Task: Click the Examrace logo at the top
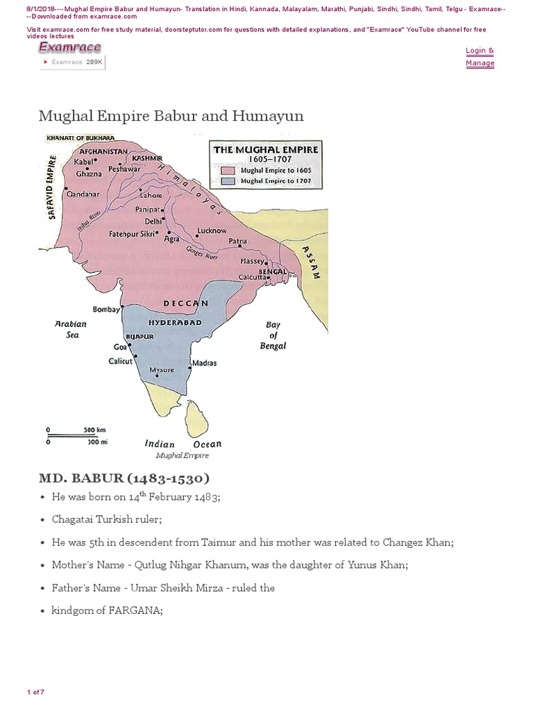tap(69, 47)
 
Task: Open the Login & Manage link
tap(480, 57)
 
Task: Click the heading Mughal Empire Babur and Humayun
tap(171, 115)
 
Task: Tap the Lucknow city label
tap(212, 231)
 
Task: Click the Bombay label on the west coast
tap(106, 309)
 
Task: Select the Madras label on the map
tap(204, 363)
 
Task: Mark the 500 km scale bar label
tap(94, 429)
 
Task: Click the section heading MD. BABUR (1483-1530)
tap(124, 478)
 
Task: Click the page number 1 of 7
tap(35, 692)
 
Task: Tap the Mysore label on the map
tap(162, 370)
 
